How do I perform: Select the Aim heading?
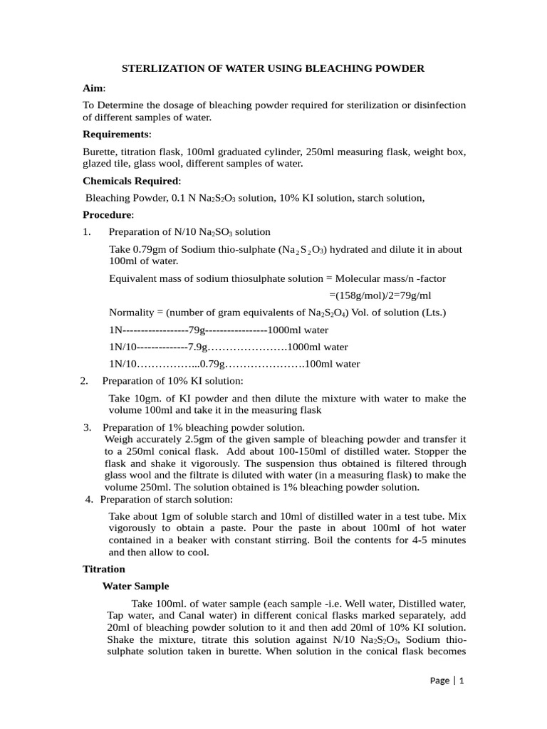click(93, 88)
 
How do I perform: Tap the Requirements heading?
click(117, 134)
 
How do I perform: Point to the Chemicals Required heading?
click(131, 180)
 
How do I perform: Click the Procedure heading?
click(108, 214)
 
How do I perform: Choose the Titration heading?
click(104, 569)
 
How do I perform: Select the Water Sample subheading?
click(136, 586)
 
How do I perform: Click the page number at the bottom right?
click(462, 681)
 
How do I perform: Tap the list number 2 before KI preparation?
click(84, 381)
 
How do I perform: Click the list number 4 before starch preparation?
click(89, 498)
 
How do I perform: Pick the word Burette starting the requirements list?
click(100, 152)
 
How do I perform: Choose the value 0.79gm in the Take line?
click(149, 249)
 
